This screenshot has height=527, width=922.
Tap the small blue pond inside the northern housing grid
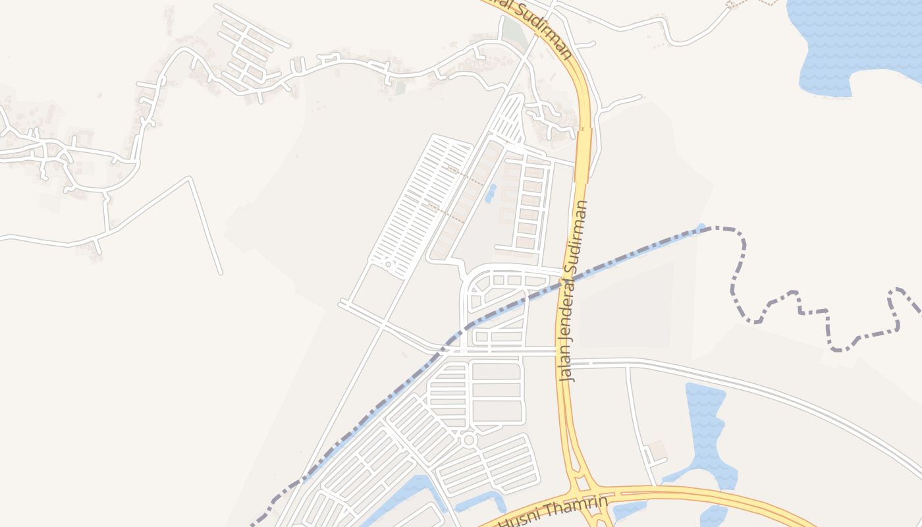tap(490, 193)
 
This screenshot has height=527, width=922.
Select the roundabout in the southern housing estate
tap(468, 439)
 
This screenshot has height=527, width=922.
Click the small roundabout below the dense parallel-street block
tap(389, 265)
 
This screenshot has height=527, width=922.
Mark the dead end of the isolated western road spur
tap(220, 272)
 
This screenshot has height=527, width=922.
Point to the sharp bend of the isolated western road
tap(190, 179)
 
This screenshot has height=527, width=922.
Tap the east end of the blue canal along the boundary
tap(701, 229)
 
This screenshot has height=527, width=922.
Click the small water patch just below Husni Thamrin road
tap(629, 509)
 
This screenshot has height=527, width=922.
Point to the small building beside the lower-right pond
tap(659, 450)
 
